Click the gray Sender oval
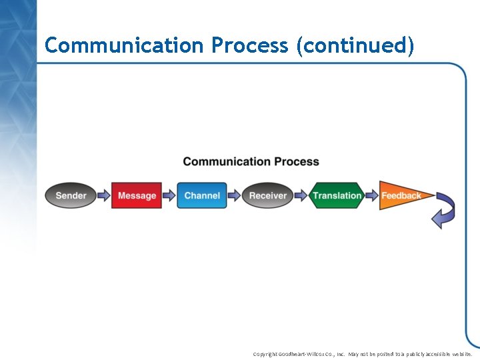pyautogui.click(x=71, y=195)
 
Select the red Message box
pyautogui.click(x=137, y=195)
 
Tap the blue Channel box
pyautogui.click(x=202, y=195)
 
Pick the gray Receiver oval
pyautogui.click(x=267, y=195)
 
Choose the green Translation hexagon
pyautogui.click(x=337, y=195)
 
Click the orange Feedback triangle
pyautogui.click(x=402, y=195)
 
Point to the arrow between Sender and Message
pyautogui.click(x=103, y=195)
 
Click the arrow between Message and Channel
pyautogui.click(x=169, y=195)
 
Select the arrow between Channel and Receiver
pyautogui.click(x=234, y=195)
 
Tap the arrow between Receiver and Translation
pyautogui.click(x=300, y=195)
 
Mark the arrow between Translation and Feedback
pyautogui.click(x=371, y=195)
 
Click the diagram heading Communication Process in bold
pyautogui.click(x=251, y=161)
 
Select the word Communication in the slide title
pyautogui.click(x=124, y=45)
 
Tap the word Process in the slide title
pyautogui.click(x=250, y=45)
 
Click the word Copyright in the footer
pyautogui.click(x=266, y=354)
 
